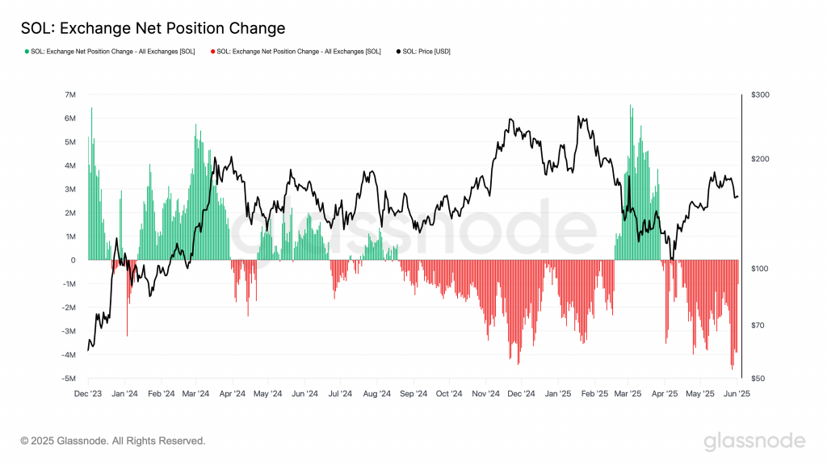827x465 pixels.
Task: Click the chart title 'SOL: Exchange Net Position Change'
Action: click(153, 28)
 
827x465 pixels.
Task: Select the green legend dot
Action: click(27, 52)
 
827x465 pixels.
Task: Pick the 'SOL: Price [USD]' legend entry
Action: click(426, 52)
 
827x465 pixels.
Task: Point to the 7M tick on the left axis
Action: click(70, 95)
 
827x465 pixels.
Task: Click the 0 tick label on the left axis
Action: click(73, 260)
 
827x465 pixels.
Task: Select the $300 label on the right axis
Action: click(760, 95)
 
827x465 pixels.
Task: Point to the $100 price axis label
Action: click(760, 269)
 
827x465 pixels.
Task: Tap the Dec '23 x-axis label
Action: click(88, 395)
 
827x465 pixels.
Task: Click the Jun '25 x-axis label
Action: click(737, 395)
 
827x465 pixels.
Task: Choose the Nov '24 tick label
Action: click(486, 395)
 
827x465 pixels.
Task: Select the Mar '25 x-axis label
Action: click(628, 395)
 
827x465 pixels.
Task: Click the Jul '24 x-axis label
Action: click(340, 395)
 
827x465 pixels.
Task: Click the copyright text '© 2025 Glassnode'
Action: click(113, 441)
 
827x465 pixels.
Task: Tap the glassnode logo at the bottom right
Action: click(754, 441)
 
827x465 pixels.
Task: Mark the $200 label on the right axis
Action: click(760, 159)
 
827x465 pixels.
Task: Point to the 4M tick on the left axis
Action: click(70, 165)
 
